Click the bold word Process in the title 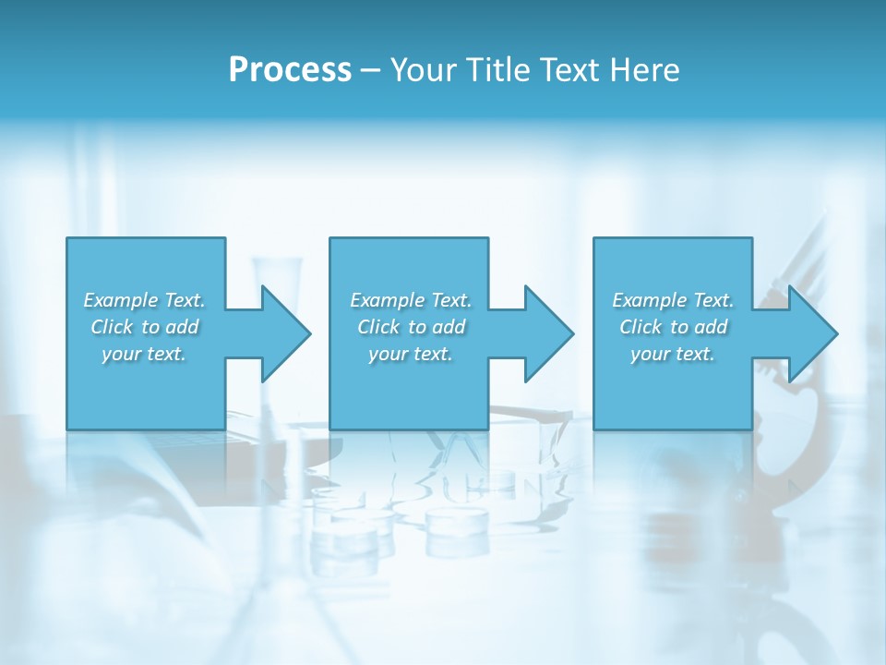pyautogui.click(x=290, y=70)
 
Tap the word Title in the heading pyautogui.click(x=497, y=70)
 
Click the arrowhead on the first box pyautogui.click(x=282, y=333)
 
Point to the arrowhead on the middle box pyautogui.click(x=545, y=333)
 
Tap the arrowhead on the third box pyautogui.click(x=809, y=333)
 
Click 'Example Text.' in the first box pyautogui.click(x=144, y=300)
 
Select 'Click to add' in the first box pyautogui.click(x=144, y=327)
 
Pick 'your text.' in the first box pyautogui.click(x=144, y=354)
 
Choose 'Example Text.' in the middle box pyautogui.click(x=411, y=300)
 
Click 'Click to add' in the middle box pyautogui.click(x=411, y=327)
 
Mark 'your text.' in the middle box pyautogui.click(x=411, y=354)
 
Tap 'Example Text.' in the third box pyautogui.click(x=673, y=300)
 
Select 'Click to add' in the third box pyautogui.click(x=673, y=327)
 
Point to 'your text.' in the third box pyautogui.click(x=673, y=354)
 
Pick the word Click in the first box pyautogui.click(x=112, y=327)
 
